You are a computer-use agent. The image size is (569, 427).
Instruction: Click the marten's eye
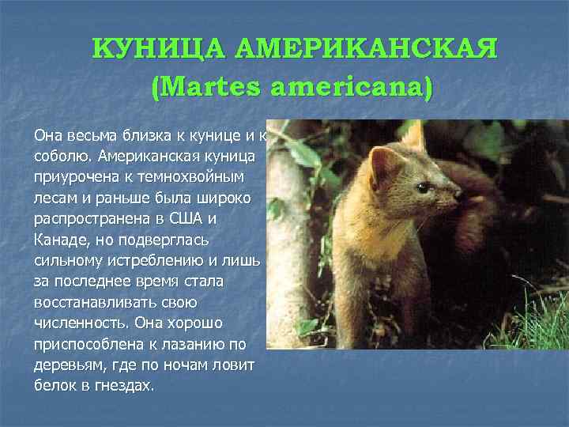pyautogui.click(x=423, y=187)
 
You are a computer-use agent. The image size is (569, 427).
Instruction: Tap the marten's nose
pyautogui.click(x=461, y=191)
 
